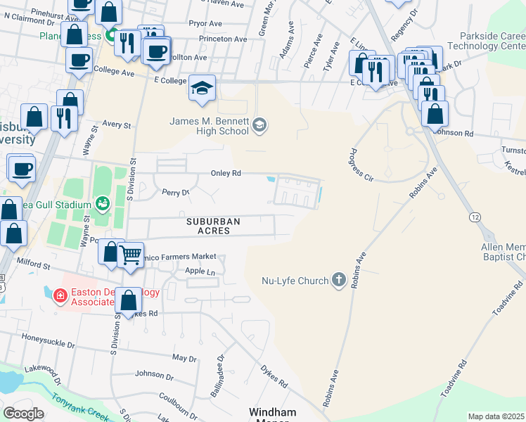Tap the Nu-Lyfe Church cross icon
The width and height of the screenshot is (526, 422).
339,281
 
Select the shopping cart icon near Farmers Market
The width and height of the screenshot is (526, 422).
130,255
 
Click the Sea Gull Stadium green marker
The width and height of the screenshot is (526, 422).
103,205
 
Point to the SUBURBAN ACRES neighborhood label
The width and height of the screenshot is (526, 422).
213,226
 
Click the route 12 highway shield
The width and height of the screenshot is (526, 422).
476,218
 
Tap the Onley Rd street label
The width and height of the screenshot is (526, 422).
226,173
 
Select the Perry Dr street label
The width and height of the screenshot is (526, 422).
176,191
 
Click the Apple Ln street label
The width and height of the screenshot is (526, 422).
199,271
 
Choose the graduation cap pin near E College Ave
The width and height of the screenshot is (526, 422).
202,88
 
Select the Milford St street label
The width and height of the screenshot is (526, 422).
34,265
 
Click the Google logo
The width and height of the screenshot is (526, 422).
23,413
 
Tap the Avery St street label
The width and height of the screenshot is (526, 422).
117,124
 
